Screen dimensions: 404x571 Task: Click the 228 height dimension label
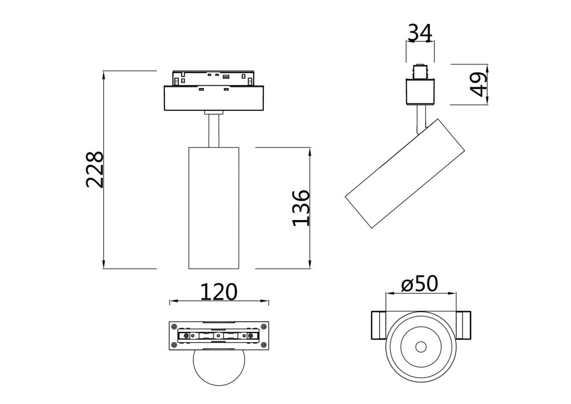coord(95,170)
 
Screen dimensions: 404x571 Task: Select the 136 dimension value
coord(301,208)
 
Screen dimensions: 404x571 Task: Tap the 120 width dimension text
coord(218,292)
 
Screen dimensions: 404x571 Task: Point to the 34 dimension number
coord(420,34)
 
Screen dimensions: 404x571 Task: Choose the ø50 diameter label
coord(420,283)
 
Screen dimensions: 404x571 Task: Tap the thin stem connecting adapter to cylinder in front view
coord(214,130)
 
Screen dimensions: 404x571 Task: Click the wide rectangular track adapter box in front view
coord(214,98)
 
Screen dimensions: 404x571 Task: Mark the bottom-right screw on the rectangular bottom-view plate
coord(263,345)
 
